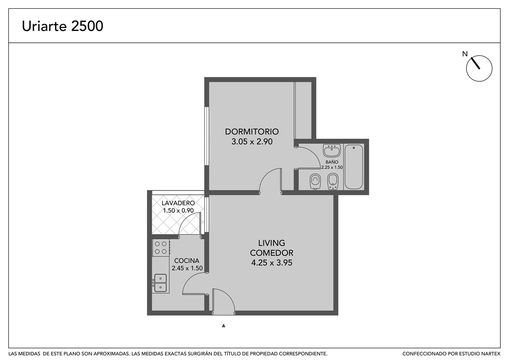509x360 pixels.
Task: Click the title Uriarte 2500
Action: (x=63, y=26)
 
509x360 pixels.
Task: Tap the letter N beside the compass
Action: (x=465, y=54)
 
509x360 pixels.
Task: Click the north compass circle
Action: (x=479, y=68)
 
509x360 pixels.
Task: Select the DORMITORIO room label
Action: (x=252, y=131)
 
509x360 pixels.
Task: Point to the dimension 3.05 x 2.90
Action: (x=252, y=141)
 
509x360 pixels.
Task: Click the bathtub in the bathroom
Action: (x=353, y=167)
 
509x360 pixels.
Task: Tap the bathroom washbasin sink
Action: (x=332, y=150)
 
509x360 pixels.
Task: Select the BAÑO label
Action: (x=332, y=162)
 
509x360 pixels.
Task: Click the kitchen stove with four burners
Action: (x=161, y=248)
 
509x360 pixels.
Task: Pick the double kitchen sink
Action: (x=161, y=283)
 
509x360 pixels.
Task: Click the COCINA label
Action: (x=187, y=260)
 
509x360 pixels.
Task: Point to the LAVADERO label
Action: (x=178, y=203)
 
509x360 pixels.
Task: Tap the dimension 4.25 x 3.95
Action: (x=271, y=263)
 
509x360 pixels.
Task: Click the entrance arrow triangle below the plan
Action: (x=224, y=325)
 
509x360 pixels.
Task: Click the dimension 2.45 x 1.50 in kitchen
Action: (x=187, y=268)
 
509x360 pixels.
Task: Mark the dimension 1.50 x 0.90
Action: (x=178, y=210)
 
